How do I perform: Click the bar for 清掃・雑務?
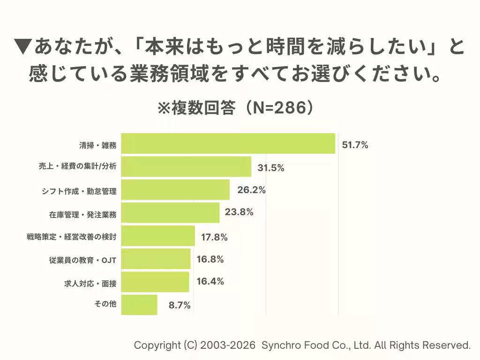[x=228, y=144]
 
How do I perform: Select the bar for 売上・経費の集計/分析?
[x=186, y=167]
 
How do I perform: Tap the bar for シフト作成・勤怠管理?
[x=175, y=190]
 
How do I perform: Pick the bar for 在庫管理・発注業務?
[x=170, y=213]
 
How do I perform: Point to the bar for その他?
[x=139, y=305]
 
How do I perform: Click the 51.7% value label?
[x=355, y=145]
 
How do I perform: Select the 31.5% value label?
[x=271, y=168]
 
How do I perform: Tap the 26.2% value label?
[x=252, y=190]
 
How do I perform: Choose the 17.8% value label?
[x=214, y=238]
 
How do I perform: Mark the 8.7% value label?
[x=180, y=306]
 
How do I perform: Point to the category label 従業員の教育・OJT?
[x=83, y=260]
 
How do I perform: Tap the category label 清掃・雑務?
[x=98, y=145]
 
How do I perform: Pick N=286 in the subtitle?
[x=274, y=108]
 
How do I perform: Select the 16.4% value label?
[x=210, y=282]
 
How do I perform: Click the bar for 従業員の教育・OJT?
[x=156, y=259]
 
